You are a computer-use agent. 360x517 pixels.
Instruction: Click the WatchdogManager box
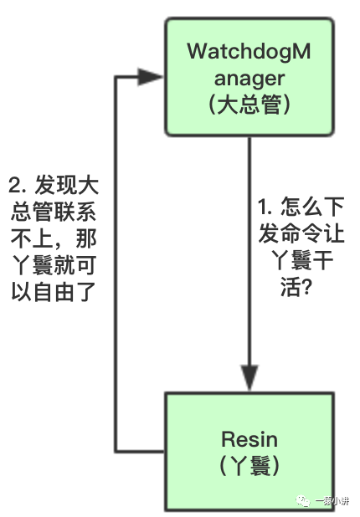(x=249, y=78)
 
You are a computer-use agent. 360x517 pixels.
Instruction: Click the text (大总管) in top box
(x=249, y=106)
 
